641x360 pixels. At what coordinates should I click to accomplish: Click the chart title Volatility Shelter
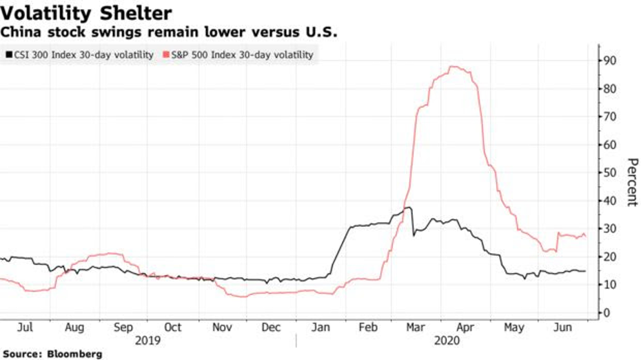point(86,12)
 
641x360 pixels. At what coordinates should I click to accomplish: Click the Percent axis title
point(631,182)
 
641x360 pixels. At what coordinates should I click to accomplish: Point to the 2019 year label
point(148,341)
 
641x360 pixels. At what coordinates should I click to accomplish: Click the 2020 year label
point(446,341)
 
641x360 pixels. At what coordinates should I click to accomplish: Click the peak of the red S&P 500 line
point(453,67)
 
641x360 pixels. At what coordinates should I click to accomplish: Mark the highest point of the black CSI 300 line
point(409,208)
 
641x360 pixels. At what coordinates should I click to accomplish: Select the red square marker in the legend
point(166,54)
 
